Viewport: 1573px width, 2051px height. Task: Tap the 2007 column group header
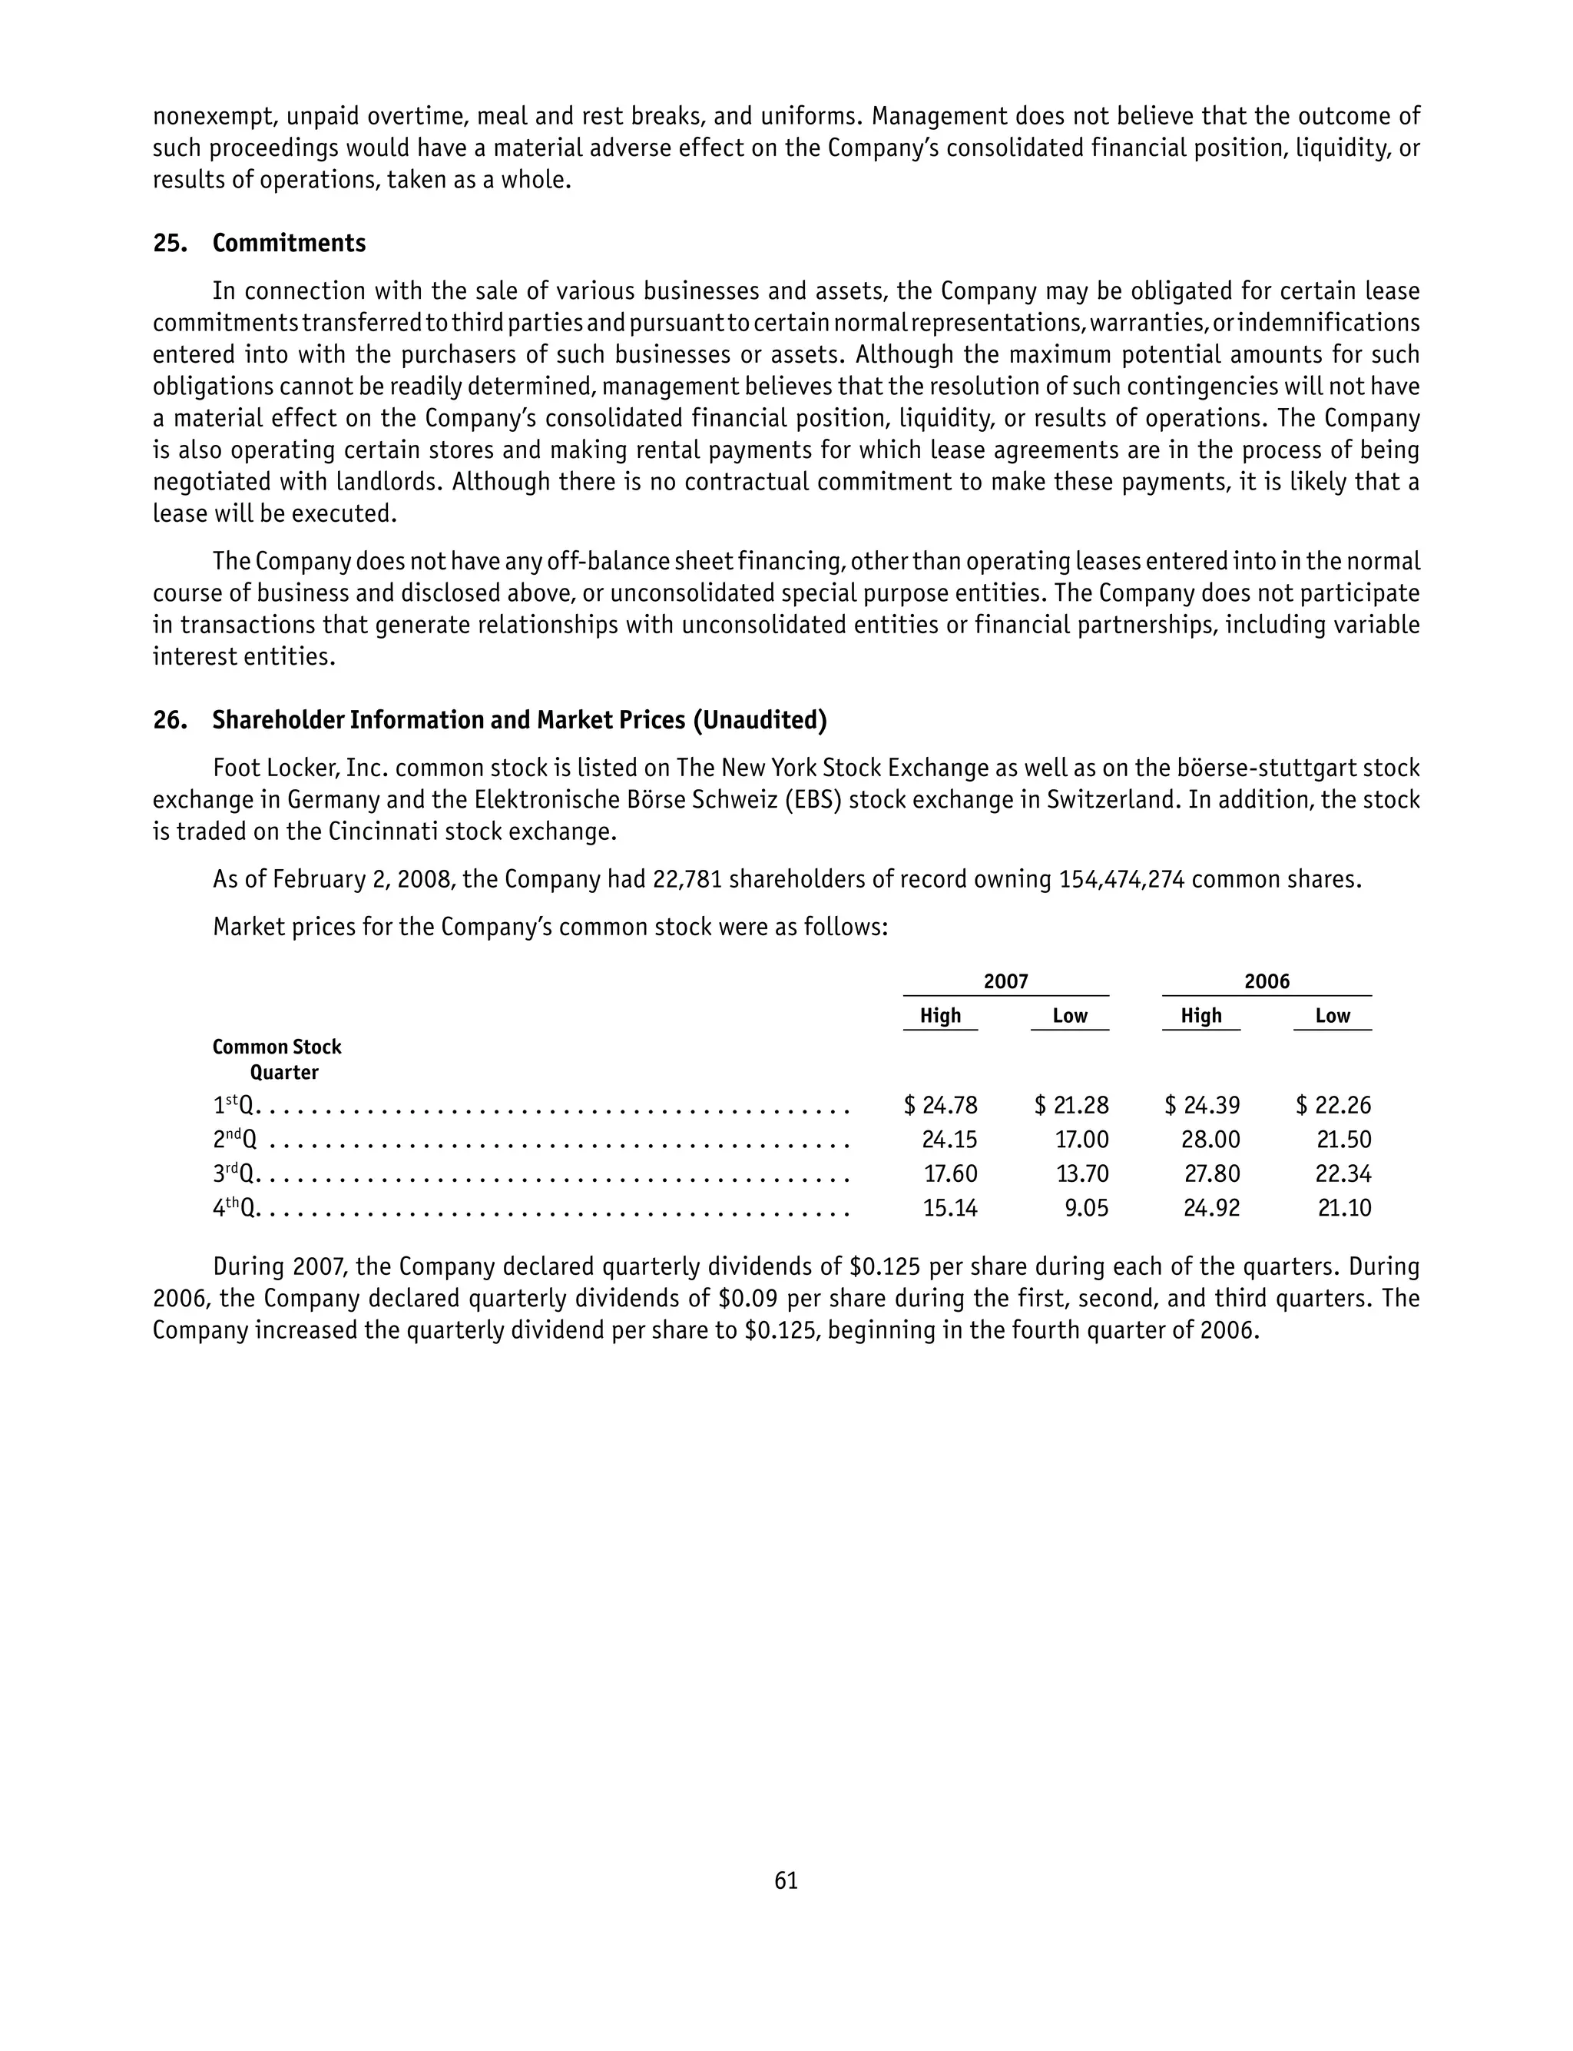click(x=1005, y=981)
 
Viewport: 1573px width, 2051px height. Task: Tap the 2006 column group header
click(x=1266, y=981)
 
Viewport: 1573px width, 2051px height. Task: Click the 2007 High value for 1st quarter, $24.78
click(x=941, y=1106)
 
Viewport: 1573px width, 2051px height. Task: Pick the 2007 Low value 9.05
click(x=1086, y=1208)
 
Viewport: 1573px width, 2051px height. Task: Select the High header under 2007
click(x=940, y=1016)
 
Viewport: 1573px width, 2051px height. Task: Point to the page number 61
click(x=786, y=1880)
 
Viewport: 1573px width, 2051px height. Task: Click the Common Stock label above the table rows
click(x=277, y=1047)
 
